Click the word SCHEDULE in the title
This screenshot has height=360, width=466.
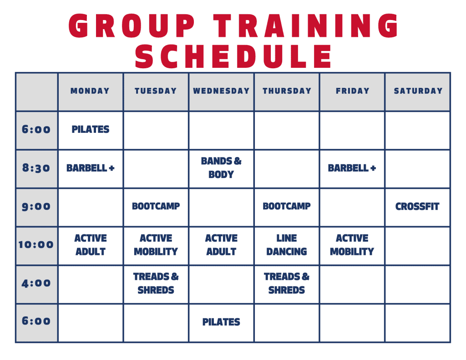click(x=233, y=56)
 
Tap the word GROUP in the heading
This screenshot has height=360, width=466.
click(x=132, y=25)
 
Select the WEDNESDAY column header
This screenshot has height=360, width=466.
click(x=221, y=91)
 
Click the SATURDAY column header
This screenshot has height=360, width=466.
click(x=418, y=91)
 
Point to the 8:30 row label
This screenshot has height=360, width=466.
click(x=36, y=168)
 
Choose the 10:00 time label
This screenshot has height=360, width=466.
click(x=36, y=245)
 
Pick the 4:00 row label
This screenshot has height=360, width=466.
click(x=36, y=283)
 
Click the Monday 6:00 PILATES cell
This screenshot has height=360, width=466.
click(x=91, y=129)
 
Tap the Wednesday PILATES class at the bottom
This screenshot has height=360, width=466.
click(x=221, y=322)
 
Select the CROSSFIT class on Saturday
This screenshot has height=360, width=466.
click(x=417, y=206)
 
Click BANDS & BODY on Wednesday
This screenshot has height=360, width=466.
click(x=221, y=167)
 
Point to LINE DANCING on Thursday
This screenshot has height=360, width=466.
click(x=287, y=245)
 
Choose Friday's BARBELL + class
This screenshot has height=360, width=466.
click(x=352, y=168)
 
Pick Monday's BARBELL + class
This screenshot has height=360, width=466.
click(x=91, y=168)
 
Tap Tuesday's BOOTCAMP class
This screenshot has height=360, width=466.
click(x=156, y=206)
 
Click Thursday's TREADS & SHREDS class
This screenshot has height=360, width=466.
click(x=287, y=283)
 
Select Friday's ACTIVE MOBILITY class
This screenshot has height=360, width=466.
click(x=352, y=245)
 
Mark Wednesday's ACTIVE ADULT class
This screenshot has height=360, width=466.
click(x=221, y=245)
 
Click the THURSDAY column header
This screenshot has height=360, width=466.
click(x=287, y=91)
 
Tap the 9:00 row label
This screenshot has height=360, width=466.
click(x=36, y=206)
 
